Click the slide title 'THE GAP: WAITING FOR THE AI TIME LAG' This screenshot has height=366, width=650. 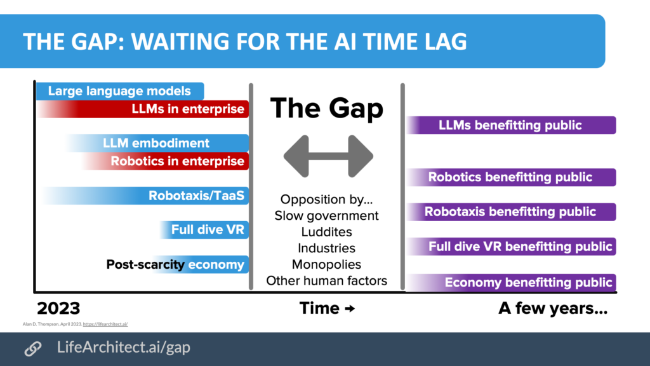coord(245,41)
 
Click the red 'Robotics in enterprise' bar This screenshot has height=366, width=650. coord(177,161)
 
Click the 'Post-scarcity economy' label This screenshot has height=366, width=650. coord(175,264)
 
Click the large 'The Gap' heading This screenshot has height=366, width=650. coord(327,108)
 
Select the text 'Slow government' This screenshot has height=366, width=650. coord(327,216)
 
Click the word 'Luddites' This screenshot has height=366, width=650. coord(327,232)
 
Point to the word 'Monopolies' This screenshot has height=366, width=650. coord(327,264)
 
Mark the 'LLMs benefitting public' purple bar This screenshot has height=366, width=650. coord(510,125)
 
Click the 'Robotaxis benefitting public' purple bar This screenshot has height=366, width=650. coord(510,212)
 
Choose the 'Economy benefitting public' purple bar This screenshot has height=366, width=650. coord(510,283)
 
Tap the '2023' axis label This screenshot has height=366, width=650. coord(58,309)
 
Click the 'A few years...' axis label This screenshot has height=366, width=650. coord(553,309)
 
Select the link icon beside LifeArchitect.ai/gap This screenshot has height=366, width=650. coord(32,348)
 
